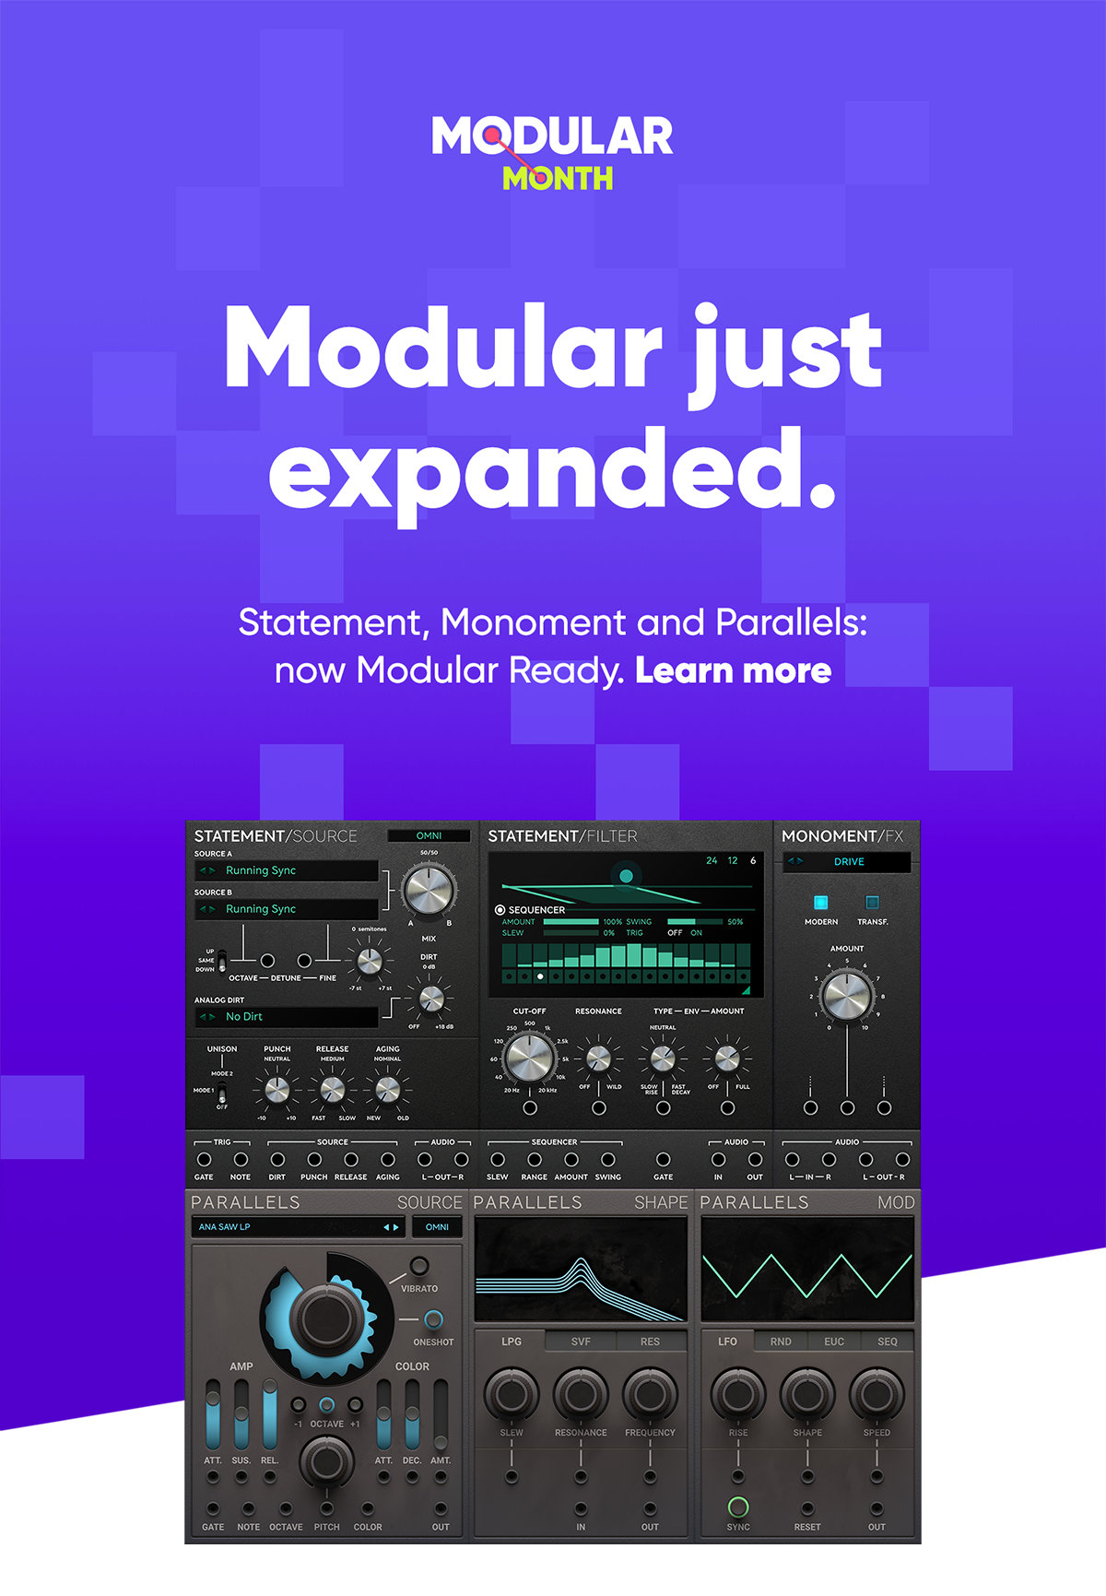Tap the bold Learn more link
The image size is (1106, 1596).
(733, 670)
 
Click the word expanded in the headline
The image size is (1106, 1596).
(551, 469)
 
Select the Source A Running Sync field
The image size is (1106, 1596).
(288, 870)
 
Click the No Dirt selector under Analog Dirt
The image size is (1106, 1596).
(288, 1016)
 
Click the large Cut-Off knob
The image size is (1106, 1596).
(530, 1057)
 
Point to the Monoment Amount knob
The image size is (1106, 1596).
(846, 996)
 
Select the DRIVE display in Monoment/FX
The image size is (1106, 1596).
(847, 861)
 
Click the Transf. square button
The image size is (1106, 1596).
(872, 902)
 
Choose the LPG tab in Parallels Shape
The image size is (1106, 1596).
(512, 1342)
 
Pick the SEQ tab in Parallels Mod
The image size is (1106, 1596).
(887, 1342)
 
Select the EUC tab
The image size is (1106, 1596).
(834, 1342)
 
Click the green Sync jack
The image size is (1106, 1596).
(738, 1507)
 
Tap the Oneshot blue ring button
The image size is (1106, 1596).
(433, 1319)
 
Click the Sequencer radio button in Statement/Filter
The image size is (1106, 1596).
(500, 910)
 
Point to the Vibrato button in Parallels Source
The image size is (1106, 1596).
(418, 1265)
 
